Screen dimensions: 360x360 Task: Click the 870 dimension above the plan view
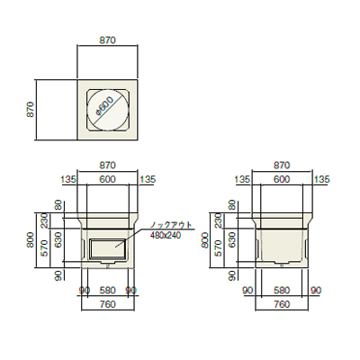point(108,42)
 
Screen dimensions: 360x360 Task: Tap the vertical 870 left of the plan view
point(30,110)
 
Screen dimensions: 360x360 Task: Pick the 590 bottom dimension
point(108,291)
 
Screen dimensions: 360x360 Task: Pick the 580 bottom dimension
point(282,291)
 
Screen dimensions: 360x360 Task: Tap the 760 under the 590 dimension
point(108,304)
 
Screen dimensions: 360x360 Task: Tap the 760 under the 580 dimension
point(282,304)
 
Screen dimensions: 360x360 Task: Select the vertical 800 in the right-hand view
point(206,238)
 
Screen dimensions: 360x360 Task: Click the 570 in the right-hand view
point(219,256)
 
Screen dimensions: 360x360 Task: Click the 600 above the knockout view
point(108,181)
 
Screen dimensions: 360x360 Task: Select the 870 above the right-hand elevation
point(282,166)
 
